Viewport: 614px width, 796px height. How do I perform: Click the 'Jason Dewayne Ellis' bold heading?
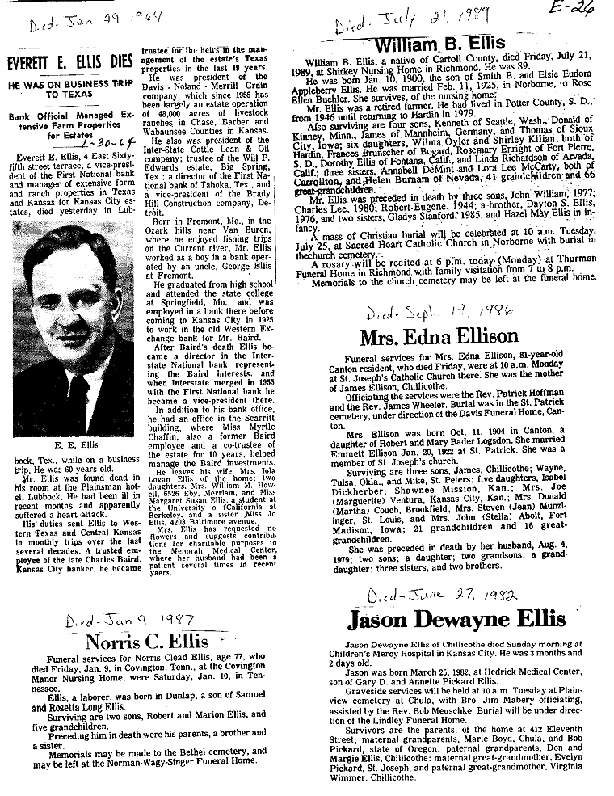[456, 620]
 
